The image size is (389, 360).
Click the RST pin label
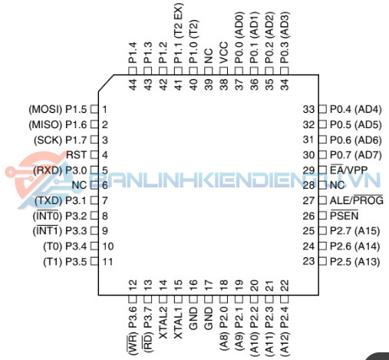tap(77, 155)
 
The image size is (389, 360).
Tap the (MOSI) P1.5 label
tap(58, 110)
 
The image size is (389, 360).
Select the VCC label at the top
tap(224, 52)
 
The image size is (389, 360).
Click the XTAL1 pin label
tap(178, 323)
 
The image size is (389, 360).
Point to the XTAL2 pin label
tap(163, 323)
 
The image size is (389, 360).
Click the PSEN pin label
tap(344, 216)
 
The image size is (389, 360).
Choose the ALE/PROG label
tap(357, 200)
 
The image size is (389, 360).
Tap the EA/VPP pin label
tap(348, 170)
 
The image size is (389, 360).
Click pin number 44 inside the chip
tap(133, 84)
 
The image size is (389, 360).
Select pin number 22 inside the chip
tap(285, 286)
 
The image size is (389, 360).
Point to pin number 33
tap(308, 110)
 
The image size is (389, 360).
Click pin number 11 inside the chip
tap(107, 262)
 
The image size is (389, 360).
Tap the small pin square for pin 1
tap(94, 110)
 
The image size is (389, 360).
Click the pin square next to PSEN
tap(322, 216)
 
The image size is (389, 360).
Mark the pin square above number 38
tap(224, 71)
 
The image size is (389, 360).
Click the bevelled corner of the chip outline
tap(106, 83)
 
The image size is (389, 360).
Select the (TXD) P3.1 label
tap(61, 200)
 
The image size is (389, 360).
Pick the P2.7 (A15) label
tap(354, 231)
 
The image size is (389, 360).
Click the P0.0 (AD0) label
tap(239, 38)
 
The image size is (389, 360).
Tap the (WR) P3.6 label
tap(133, 331)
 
